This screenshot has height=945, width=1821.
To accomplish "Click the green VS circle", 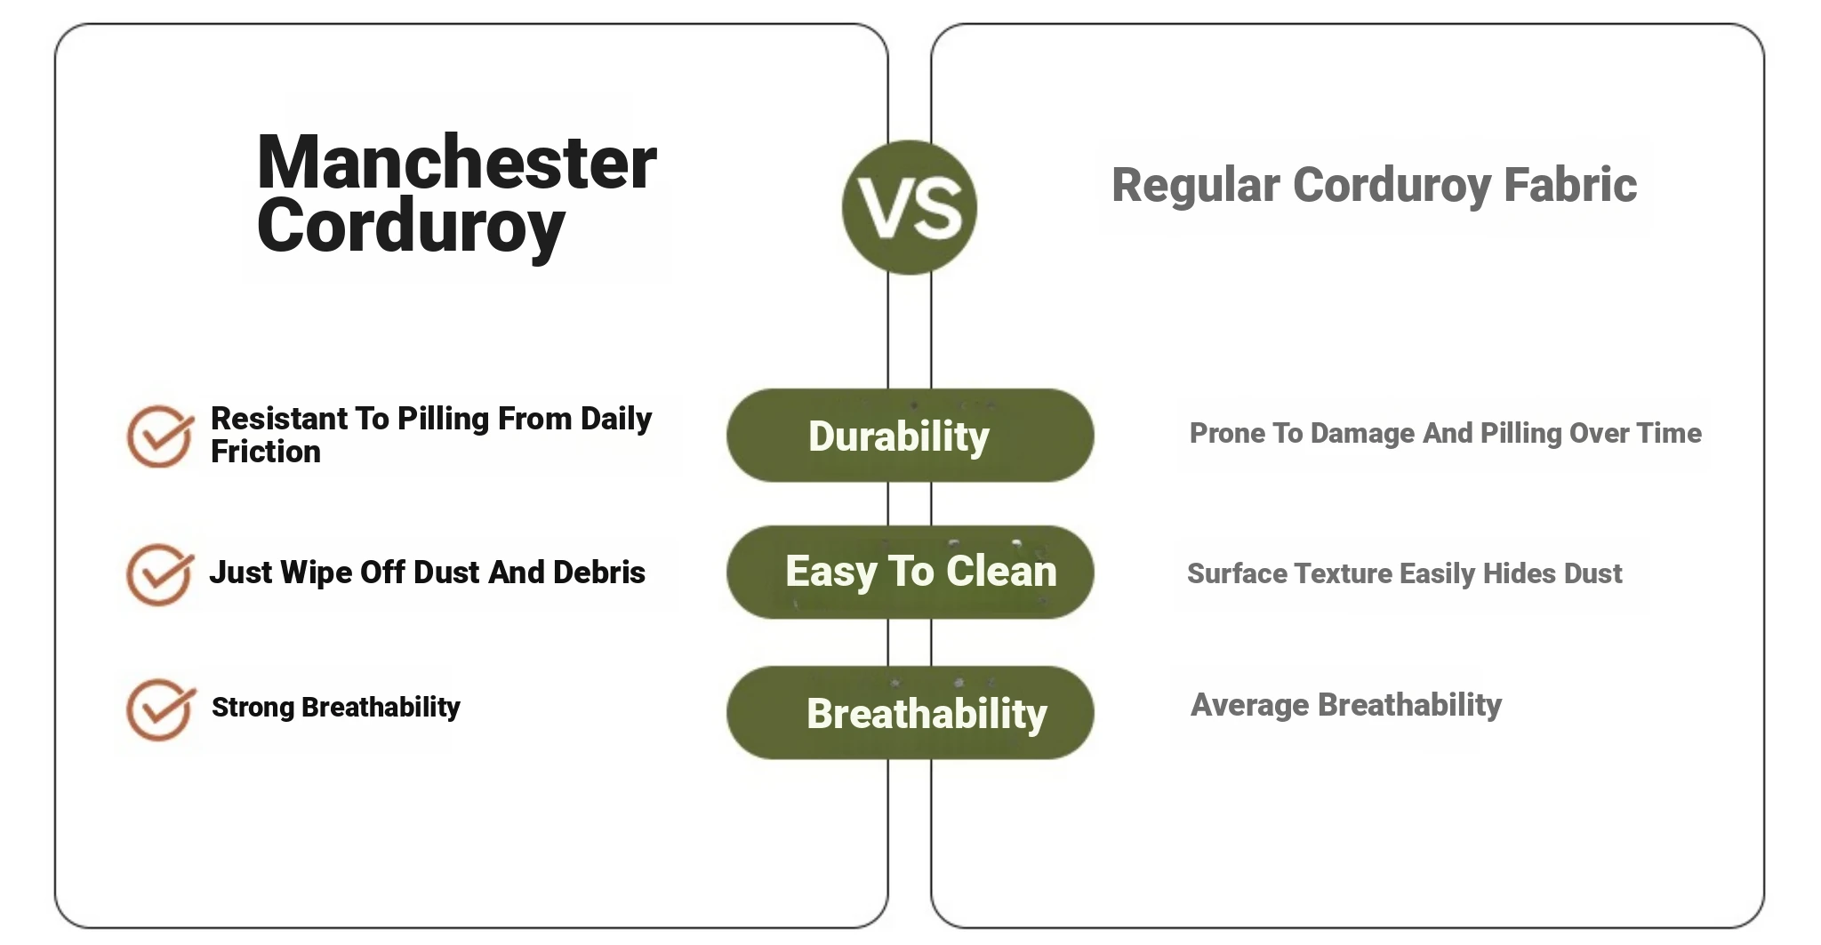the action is (909, 207).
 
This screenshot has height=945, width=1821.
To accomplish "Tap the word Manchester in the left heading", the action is (456, 163).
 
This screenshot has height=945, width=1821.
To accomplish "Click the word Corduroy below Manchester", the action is (411, 227).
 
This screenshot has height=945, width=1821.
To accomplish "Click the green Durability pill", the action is (910, 436).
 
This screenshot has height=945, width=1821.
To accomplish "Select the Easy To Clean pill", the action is (910, 572).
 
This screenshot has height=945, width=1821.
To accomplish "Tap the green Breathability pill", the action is (910, 712).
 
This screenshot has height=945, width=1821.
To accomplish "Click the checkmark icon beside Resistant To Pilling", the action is (160, 436).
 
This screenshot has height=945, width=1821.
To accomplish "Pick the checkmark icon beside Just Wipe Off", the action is (160, 574).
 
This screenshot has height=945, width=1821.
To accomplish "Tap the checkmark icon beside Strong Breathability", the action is (160, 709).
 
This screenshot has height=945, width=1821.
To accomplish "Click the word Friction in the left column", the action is (265, 452).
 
